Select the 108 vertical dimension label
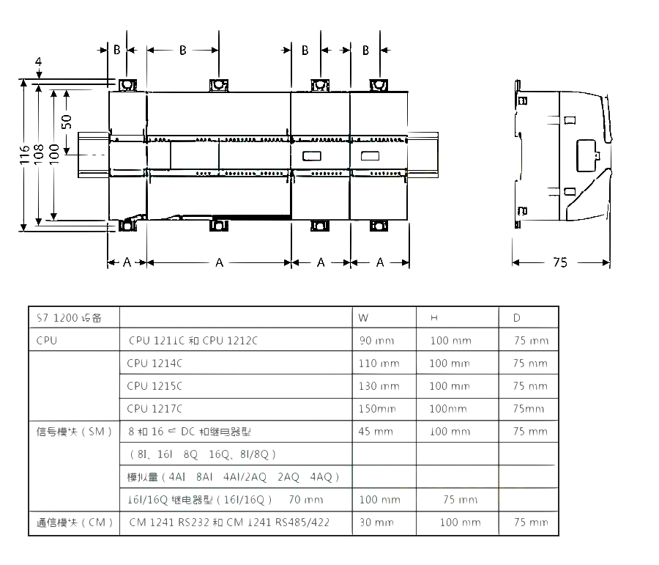(40, 154)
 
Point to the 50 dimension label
(67, 122)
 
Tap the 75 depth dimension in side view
(559, 262)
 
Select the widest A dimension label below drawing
(219, 262)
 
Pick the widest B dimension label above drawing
(182, 50)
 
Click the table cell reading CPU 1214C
(154, 363)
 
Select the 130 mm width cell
(379, 385)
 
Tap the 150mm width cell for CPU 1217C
(377, 408)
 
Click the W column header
(363, 318)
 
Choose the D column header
(516, 318)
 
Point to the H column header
(433, 318)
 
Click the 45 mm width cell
(376, 431)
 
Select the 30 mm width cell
(376, 522)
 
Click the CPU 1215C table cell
(154, 385)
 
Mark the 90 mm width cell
(376, 341)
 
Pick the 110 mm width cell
(379, 363)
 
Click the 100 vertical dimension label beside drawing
(53, 154)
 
